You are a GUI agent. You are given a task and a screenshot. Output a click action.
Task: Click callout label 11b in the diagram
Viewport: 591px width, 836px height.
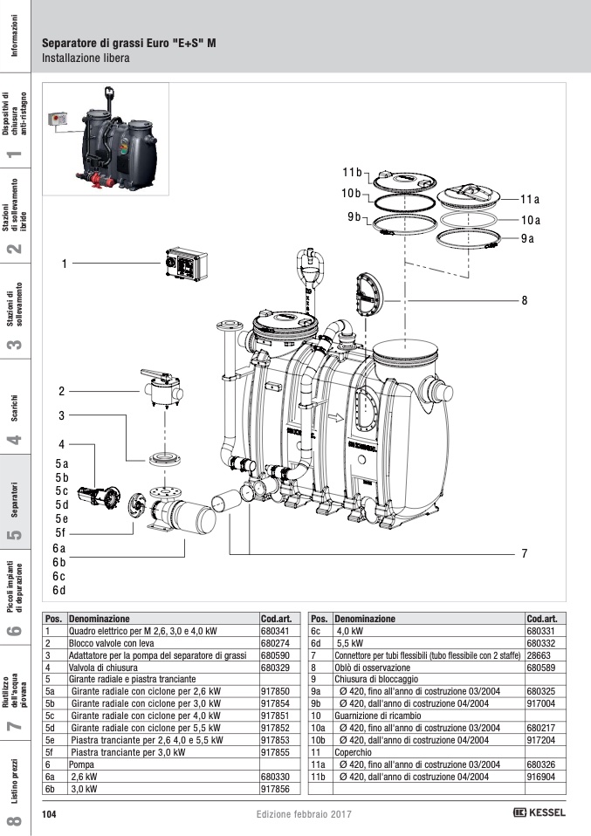(351, 170)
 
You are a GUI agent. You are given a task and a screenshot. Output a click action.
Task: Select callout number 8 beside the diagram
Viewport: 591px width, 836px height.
(525, 300)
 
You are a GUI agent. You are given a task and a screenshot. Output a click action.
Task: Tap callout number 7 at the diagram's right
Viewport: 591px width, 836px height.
(525, 553)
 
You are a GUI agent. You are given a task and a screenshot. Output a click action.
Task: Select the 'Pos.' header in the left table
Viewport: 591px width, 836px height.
(54, 617)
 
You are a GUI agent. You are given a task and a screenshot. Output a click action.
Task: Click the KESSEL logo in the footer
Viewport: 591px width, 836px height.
(539, 812)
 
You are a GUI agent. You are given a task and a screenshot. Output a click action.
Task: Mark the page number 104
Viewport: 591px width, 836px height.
(50, 813)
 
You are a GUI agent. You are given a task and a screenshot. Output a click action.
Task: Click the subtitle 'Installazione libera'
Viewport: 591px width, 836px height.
(86, 59)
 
